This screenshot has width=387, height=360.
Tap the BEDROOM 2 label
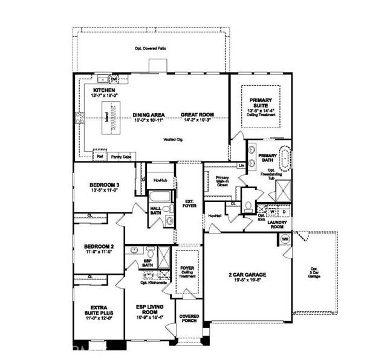99,247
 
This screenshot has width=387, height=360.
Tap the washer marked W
272,212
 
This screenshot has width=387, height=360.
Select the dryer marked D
283,212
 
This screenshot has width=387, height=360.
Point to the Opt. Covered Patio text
151,48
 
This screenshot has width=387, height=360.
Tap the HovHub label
160,180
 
